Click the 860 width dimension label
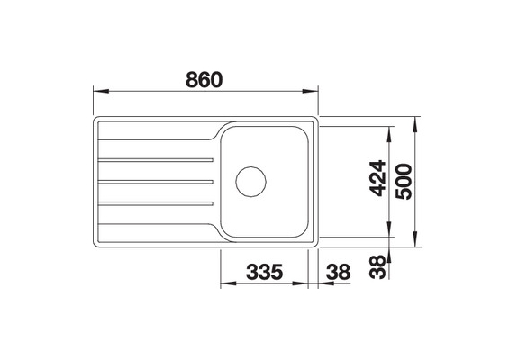pos(204,80)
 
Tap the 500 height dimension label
pos(404,182)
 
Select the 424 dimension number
pos(377,178)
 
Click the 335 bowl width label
pos(265,272)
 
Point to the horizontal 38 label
pos(338,272)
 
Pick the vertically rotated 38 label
pos(377,267)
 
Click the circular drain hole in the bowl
pos(250,182)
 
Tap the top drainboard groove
pos(156,160)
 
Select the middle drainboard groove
pos(156,182)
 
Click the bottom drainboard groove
pos(156,203)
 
